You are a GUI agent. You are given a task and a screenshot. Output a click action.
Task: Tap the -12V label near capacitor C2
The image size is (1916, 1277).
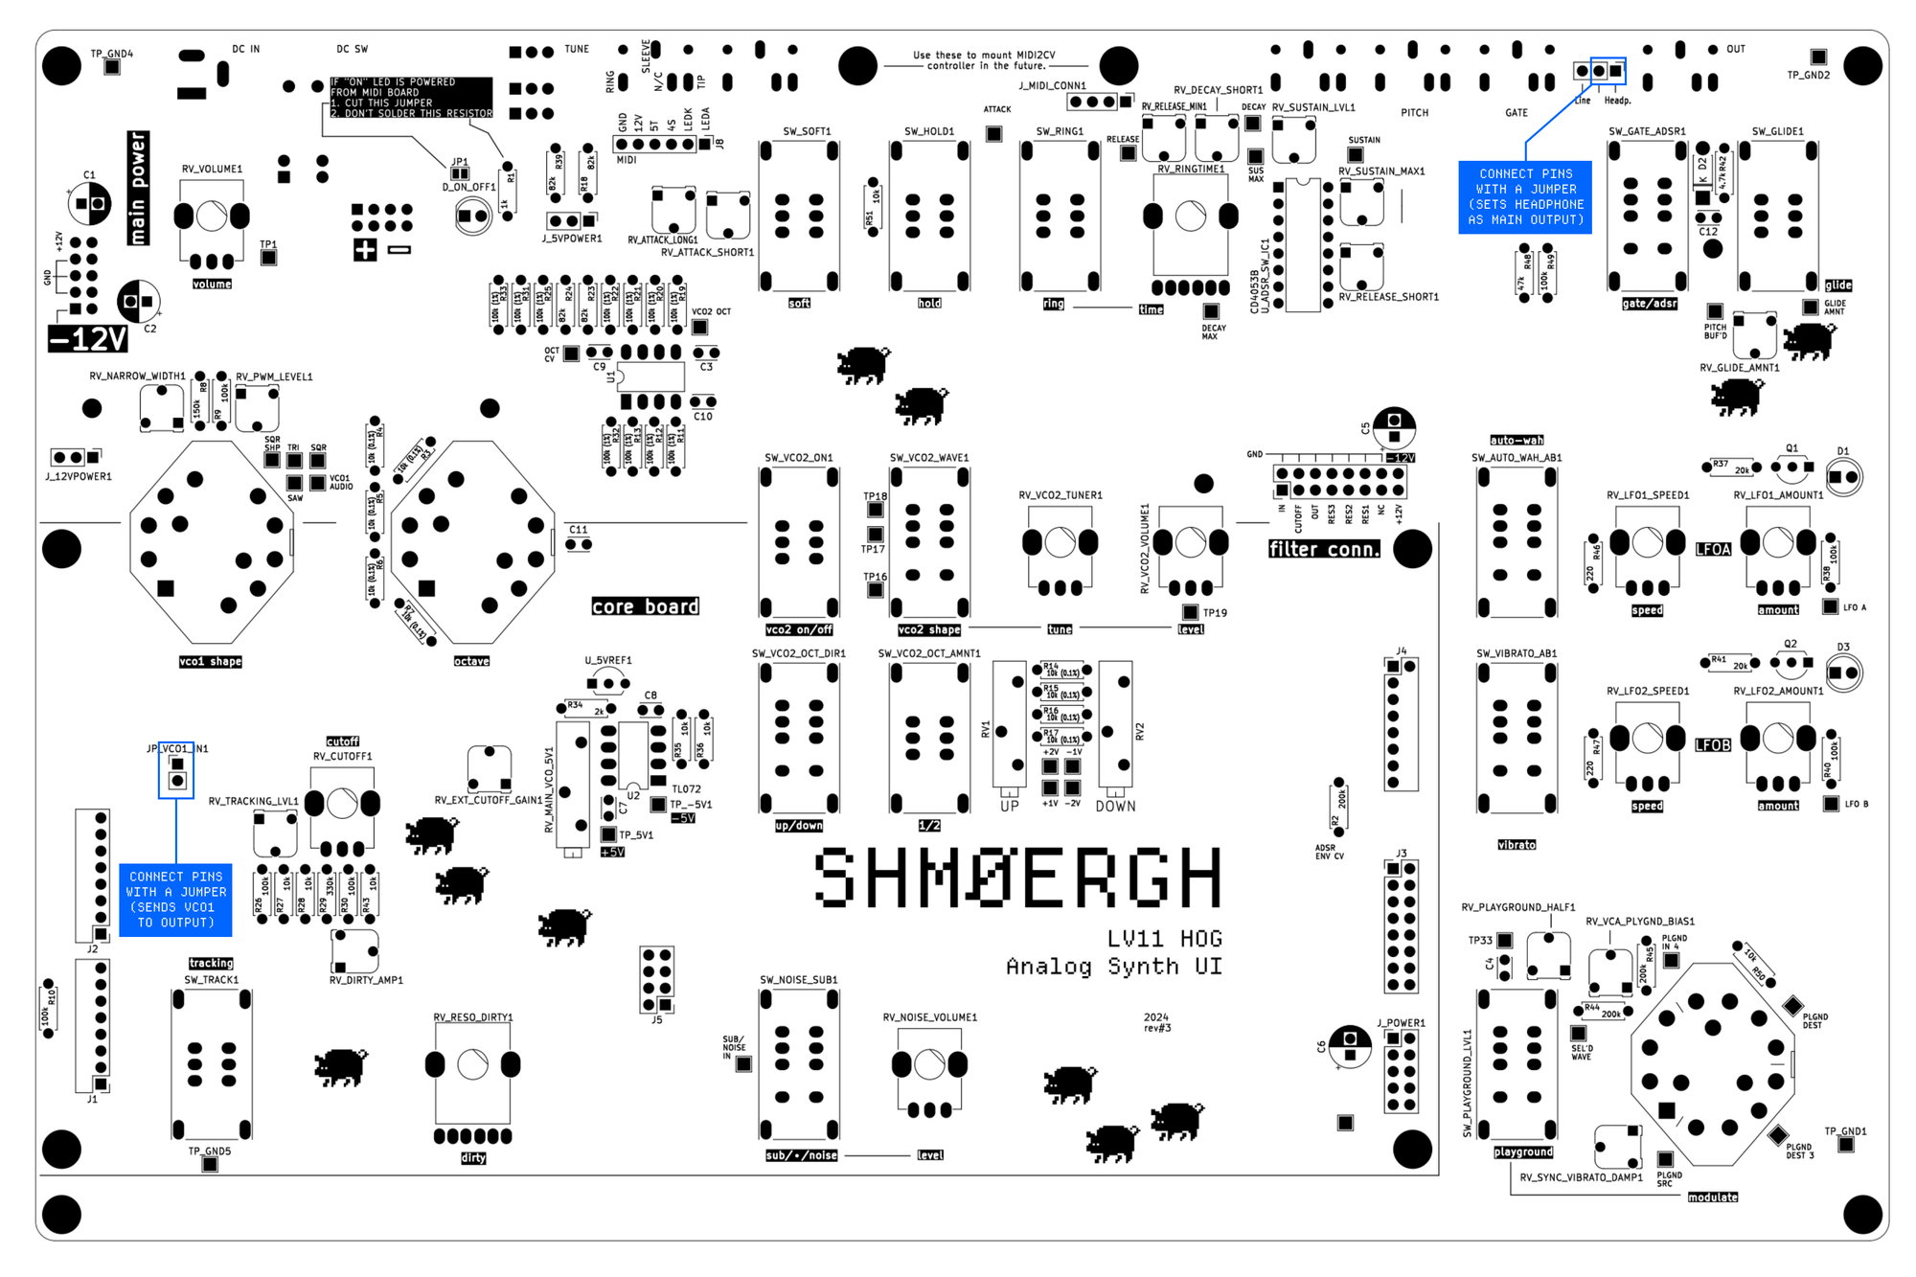click(88, 338)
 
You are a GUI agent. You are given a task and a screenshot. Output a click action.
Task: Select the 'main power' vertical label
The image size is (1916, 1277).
click(138, 188)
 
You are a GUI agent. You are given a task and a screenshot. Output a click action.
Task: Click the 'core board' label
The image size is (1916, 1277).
click(645, 606)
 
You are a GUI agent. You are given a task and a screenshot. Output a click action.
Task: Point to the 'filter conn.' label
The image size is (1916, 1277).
click(1324, 549)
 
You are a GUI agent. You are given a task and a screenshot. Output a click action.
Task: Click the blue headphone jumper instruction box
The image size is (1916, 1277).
click(1525, 197)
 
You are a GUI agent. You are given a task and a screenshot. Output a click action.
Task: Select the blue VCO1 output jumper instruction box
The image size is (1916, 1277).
click(176, 900)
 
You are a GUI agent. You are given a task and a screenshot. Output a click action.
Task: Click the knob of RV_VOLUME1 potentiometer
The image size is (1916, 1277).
click(212, 217)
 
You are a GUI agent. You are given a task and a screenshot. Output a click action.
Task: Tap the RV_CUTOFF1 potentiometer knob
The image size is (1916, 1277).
click(342, 804)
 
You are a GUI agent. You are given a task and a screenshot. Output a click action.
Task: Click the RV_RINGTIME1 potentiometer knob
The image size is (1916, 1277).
click(1190, 217)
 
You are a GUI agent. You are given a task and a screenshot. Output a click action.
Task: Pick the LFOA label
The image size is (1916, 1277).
click(1713, 549)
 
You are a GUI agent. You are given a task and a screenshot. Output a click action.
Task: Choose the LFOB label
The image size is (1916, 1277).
click(1713, 744)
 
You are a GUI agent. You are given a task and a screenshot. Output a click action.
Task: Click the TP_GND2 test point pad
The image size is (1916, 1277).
click(1817, 57)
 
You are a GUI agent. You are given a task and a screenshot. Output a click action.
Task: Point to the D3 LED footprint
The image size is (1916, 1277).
click(1843, 673)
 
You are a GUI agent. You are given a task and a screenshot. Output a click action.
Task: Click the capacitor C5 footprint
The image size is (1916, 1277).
click(1394, 427)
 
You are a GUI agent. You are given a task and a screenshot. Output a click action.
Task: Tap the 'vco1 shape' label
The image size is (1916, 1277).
click(210, 661)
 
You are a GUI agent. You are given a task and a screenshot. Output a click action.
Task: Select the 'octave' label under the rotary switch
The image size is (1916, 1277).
click(471, 661)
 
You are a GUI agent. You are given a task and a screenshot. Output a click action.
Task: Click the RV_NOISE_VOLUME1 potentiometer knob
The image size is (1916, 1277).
click(929, 1063)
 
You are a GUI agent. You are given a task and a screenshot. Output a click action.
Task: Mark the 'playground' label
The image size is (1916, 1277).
click(1523, 1152)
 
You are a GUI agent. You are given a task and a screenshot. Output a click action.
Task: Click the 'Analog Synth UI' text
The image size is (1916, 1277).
click(1113, 967)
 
